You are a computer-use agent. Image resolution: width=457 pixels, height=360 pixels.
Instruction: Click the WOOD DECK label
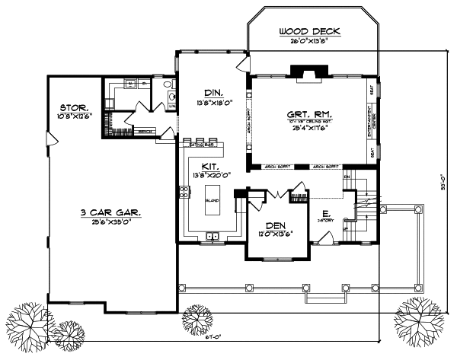(x=308, y=31)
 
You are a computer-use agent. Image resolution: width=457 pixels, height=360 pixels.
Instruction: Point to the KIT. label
(x=211, y=166)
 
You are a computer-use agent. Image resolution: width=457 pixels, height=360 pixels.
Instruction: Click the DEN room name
(x=274, y=225)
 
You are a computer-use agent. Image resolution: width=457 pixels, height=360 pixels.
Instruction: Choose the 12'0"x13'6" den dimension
(x=274, y=234)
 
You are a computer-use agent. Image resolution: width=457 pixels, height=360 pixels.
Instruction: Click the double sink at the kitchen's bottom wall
(x=213, y=237)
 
